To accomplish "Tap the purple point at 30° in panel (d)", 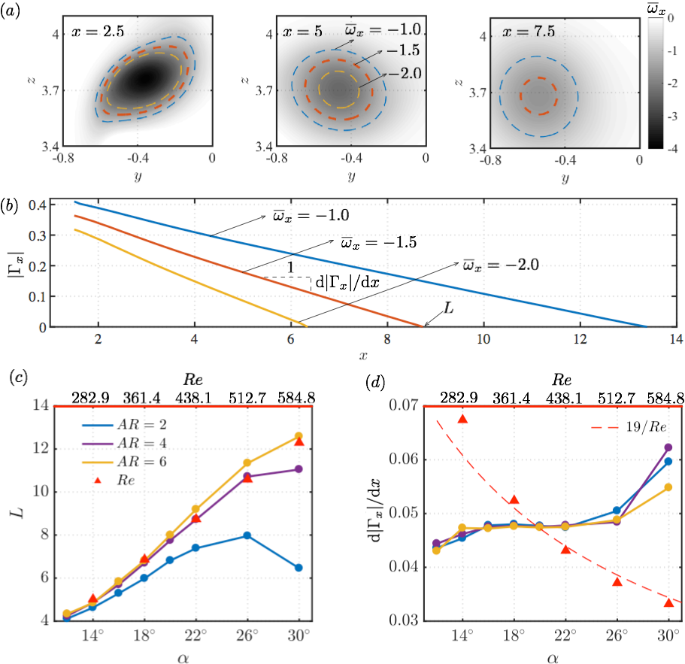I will coord(668,447).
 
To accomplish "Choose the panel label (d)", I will coord(375,382).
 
